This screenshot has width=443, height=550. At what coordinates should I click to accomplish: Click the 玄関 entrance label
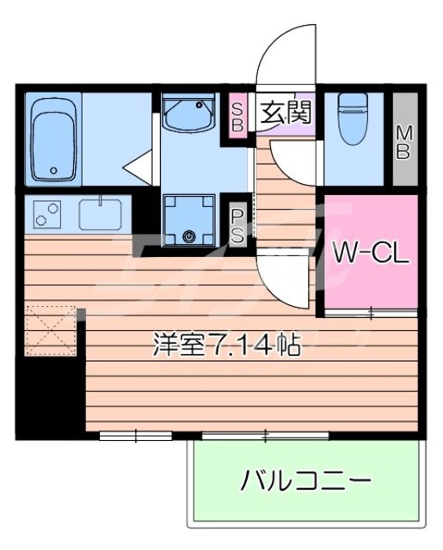(x=281, y=112)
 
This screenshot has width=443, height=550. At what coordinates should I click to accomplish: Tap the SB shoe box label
(x=238, y=114)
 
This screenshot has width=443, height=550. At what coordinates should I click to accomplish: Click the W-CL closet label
(x=370, y=254)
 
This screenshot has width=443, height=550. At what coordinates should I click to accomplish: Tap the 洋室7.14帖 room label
(x=226, y=346)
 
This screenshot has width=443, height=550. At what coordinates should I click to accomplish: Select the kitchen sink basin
(x=102, y=212)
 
